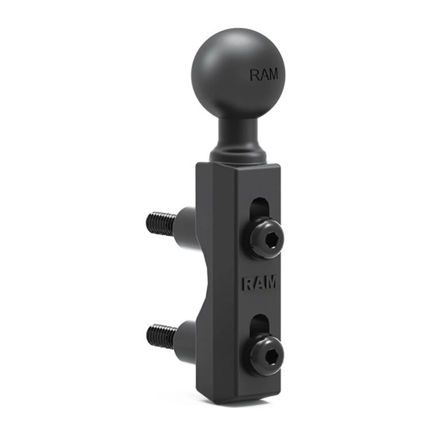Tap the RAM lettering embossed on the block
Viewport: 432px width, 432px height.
pyautogui.click(x=258, y=283)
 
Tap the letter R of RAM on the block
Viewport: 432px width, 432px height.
pyautogui.click(x=245, y=283)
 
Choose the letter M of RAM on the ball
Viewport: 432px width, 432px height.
pyautogui.click(x=271, y=75)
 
